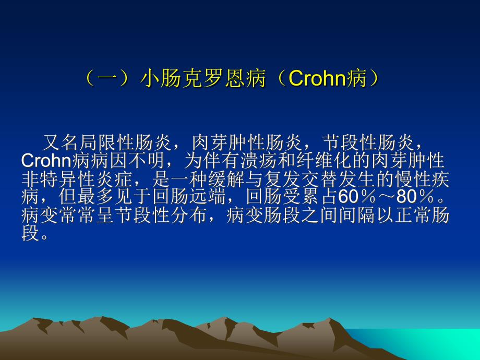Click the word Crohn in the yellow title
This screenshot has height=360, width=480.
click(317, 78)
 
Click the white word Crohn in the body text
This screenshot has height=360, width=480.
click(46, 160)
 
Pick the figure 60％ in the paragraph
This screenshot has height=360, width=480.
click(357, 197)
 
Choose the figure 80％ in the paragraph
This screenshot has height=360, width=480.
click(415, 197)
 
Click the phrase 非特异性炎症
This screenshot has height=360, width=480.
click(77, 178)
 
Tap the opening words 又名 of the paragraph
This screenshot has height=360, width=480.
click(61, 142)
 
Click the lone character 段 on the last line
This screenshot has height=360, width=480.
click(30, 233)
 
